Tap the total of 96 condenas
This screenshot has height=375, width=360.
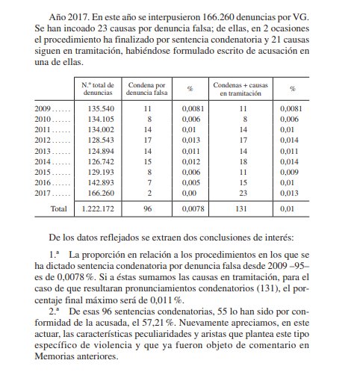point(147,210)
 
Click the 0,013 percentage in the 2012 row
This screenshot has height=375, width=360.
point(190,139)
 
